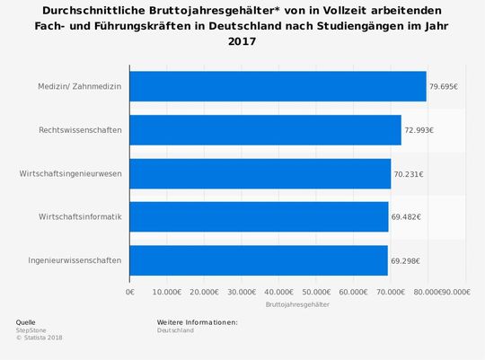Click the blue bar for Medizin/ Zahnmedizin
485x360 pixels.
278,87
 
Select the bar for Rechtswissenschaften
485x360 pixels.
265,130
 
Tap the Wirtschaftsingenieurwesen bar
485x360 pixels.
260,173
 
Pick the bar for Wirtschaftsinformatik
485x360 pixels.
259,216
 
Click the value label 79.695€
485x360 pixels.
444,87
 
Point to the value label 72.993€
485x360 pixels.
419,130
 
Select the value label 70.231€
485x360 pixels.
409,173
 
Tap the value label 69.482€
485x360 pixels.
406,216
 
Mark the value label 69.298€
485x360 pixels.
405,260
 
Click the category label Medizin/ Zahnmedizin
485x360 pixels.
79,87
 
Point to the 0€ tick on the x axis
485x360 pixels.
130,292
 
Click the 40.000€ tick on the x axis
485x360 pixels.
278,292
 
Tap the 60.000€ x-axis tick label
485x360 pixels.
353,292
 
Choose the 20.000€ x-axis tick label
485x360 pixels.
204,292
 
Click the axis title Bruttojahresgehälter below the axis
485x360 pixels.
297,305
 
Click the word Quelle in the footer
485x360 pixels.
26,321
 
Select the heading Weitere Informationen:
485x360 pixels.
197,321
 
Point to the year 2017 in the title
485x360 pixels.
242,41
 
